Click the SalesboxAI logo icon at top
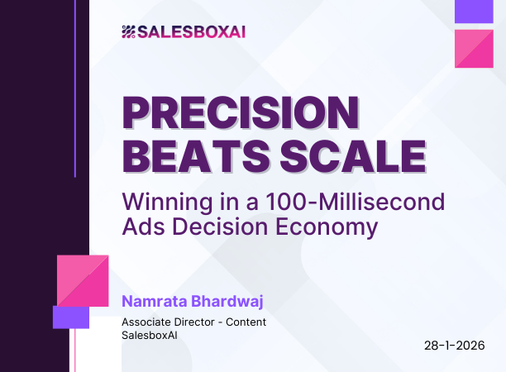127,32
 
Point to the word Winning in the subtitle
155,201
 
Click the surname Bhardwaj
227,300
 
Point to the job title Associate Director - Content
193,322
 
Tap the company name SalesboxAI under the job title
149,335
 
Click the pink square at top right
475,48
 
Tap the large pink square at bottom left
83,281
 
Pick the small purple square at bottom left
70,317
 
